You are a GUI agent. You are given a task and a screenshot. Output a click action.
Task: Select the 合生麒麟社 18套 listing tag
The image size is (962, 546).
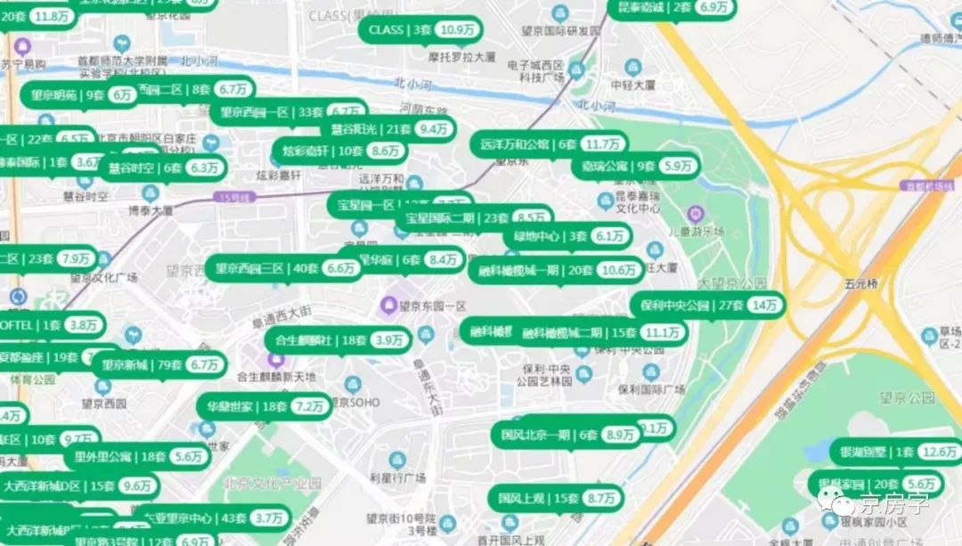click(338, 340)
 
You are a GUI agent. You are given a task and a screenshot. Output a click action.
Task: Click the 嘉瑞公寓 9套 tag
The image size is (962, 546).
click(634, 166)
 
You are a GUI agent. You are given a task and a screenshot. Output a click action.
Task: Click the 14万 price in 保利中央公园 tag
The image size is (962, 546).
click(764, 305)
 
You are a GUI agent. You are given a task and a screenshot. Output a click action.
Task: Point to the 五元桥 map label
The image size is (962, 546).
click(860, 284)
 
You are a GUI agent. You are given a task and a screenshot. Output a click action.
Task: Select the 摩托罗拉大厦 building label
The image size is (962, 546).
click(461, 56)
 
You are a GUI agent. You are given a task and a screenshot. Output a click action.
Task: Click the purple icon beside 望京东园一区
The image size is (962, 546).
click(387, 306)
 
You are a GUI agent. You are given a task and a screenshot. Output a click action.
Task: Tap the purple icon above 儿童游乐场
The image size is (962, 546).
click(695, 214)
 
